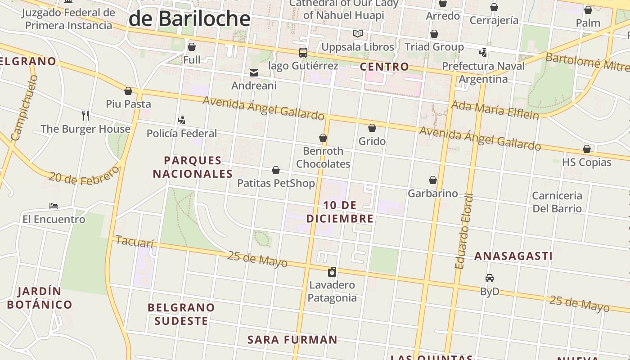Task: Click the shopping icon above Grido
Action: point(372,128)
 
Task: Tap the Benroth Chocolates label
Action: point(323,157)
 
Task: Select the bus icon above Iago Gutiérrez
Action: point(303,53)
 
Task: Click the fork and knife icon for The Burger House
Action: point(85,116)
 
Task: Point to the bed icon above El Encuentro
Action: point(54,206)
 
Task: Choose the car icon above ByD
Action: point(490,278)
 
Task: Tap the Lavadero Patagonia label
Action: point(332,291)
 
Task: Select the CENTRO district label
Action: point(385,67)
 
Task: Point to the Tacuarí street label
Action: point(135,242)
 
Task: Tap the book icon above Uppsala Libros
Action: point(358,34)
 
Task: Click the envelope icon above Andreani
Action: point(254,73)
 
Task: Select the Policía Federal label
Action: point(182,134)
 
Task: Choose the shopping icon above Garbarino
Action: point(433,180)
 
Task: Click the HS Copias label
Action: point(586,162)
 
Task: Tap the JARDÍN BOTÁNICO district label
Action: point(40,298)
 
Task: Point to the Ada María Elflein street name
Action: point(495,110)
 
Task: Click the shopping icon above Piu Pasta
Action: point(128,91)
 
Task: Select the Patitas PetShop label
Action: point(276,183)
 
